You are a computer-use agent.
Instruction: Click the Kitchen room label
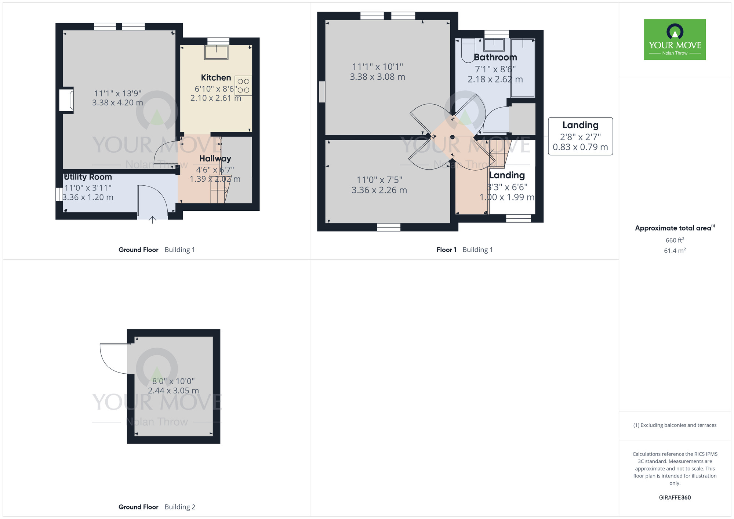[x=216, y=78]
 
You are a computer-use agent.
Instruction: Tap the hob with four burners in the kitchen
[x=243, y=86]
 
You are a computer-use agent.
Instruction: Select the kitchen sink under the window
[x=217, y=52]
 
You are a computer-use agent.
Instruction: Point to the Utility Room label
[x=88, y=177]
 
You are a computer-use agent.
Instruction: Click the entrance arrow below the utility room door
[x=153, y=220]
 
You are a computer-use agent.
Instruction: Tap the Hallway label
[x=215, y=159]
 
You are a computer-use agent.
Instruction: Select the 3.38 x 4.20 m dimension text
[x=117, y=103]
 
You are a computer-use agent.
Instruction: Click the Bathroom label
[x=495, y=57]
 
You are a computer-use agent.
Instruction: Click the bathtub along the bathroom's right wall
[x=523, y=68]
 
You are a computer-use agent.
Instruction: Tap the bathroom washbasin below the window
[x=494, y=45]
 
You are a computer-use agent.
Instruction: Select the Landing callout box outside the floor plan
[x=580, y=136]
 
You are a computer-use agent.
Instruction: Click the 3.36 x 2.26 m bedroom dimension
[x=379, y=190]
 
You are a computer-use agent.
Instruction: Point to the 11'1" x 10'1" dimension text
[x=377, y=67]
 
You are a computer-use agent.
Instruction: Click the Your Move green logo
[x=675, y=40]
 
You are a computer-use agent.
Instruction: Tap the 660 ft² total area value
[x=675, y=240]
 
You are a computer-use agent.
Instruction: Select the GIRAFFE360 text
[x=675, y=498]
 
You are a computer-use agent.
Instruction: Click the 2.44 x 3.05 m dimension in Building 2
[x=173, y=391]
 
